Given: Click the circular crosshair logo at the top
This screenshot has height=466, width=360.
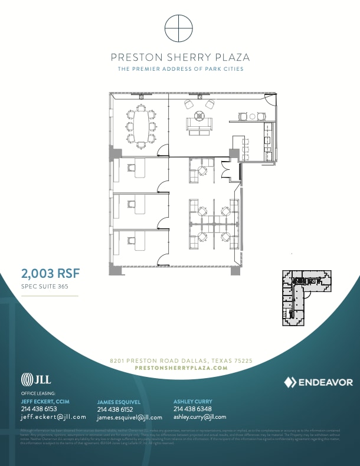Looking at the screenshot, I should point(180,28).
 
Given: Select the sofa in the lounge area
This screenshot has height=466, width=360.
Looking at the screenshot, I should point(199,124).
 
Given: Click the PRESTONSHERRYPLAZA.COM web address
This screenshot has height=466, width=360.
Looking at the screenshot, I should point(181,367).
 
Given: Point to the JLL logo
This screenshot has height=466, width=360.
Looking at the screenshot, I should point(36,379).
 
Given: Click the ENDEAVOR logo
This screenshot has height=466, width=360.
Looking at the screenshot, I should point(318,382).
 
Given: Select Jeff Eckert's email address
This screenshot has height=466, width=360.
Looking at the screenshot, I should point(53,416).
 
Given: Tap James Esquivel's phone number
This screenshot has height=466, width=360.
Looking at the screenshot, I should point(115,409).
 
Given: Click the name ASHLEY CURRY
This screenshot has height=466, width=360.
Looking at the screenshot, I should point(193,401).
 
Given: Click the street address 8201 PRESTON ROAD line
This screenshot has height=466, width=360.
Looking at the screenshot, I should point(181,360).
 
